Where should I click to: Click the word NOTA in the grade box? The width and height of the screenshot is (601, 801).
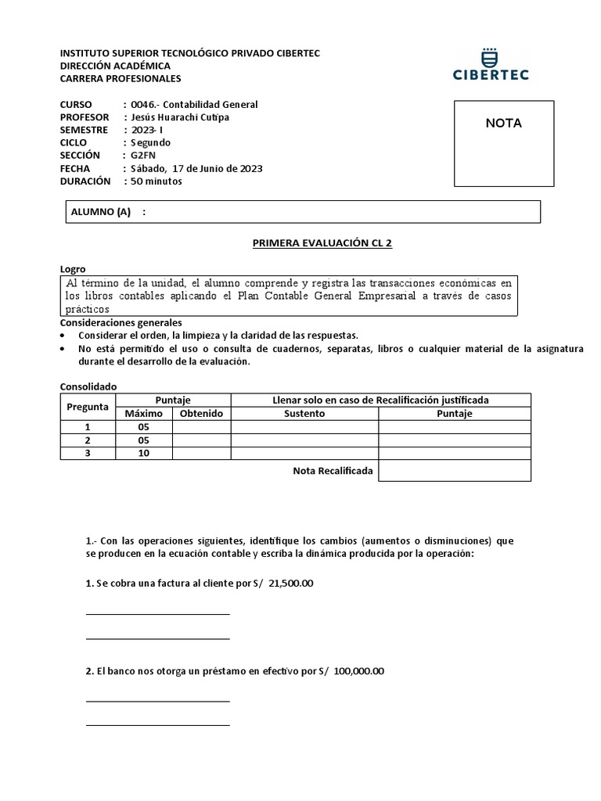tap(503, 123)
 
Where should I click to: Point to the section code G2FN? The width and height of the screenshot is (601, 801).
tap(143, 156)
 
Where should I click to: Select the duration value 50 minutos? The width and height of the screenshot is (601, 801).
tap(157, 181)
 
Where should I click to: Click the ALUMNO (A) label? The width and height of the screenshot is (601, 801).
tap(101, 212)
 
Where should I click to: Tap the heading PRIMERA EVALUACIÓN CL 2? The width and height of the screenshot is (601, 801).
tap(322, 243)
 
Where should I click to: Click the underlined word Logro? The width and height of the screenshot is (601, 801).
tap(73, 268)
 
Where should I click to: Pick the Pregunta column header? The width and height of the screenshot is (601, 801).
tap(88, 407)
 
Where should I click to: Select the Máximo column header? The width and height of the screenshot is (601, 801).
tap(143, 414)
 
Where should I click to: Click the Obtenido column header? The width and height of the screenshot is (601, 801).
tap(201, 414)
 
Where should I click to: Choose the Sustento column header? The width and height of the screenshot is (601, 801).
tap(304, 414)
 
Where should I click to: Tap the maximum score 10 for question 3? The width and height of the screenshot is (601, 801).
tap(143, 453)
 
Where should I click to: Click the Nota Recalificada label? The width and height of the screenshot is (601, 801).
tap(333, 470)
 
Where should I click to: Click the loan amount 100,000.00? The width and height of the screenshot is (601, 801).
tap(358, 671)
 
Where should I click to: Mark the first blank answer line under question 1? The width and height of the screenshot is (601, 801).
tap(157, 613)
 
